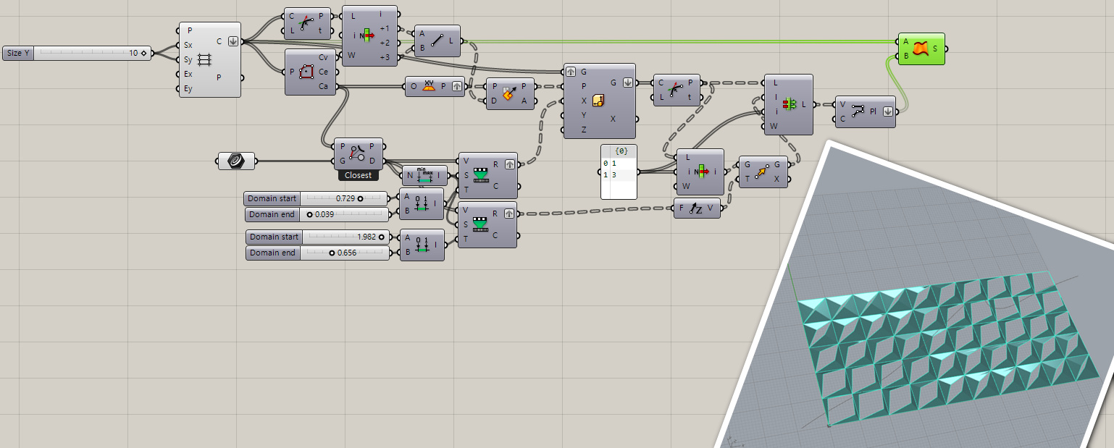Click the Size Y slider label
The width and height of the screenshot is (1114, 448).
pyautogui.click(x=17, y=54)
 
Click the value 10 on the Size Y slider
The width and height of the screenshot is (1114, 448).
pyautogui.click(x=133, y=54)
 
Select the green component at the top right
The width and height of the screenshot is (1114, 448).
pyautogui.click(x=921, y=48)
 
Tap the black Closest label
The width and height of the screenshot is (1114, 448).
pyautogui.click(x=358, y=175)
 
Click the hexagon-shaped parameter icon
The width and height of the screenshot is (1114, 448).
pyautogui.click(x=236, y=161)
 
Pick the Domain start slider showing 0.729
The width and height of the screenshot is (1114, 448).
pyautogui.click(x=315, y=198)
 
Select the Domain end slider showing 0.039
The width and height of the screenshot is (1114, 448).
pyautogui.click(x=315, y=214)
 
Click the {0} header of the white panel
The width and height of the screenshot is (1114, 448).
pyautogui.click(x=621, y=151)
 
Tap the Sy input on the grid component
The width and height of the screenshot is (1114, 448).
pyautogui.click(x=188, y=59)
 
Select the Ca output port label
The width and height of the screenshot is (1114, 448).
pyautogui.click(x=323, y=86)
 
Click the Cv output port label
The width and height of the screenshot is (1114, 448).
pyautogui.click(x=323, y=57)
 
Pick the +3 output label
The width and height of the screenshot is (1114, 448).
pyautogui.click(x=384, y=57)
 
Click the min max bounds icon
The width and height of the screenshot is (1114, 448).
pyautogui.click(x=425, y=175)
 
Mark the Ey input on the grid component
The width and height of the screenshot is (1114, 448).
pyautogui.click(x=188, y=89)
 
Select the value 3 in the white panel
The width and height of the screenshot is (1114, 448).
pyautogui.click(x=613, y=175)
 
